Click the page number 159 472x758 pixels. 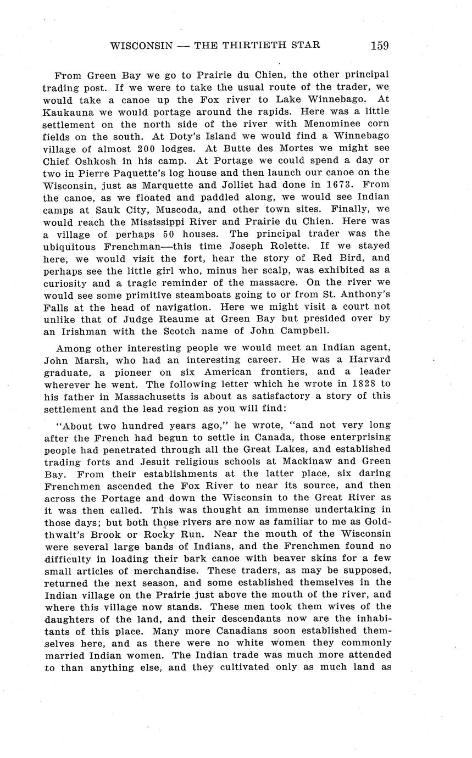click(x=380, y=45)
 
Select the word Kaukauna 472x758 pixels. click(x=68, y=112)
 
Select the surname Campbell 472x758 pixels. click(x=297, y=331)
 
